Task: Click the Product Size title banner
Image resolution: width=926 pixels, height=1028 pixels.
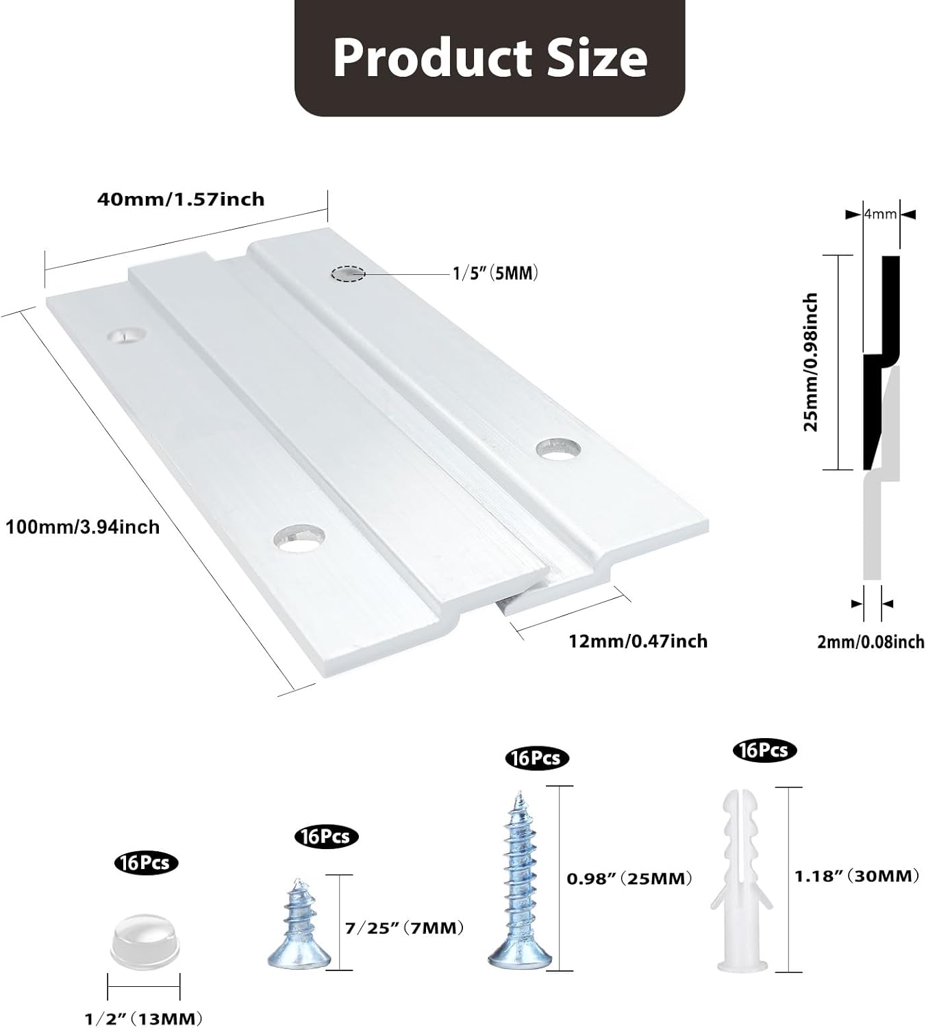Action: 490,58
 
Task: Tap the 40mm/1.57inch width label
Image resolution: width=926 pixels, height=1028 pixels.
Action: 181,199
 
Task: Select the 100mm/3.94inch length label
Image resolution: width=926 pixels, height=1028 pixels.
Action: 83,527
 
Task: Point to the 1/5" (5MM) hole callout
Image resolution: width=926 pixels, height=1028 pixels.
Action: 495,273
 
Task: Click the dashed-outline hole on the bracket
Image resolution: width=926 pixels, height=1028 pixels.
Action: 348,273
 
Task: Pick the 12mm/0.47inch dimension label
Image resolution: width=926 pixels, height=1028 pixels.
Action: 638,641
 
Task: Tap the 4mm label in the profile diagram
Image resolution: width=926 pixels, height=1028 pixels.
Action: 880,214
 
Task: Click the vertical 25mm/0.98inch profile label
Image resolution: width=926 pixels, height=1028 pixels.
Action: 811,362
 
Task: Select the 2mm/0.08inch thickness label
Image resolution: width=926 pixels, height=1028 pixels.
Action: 871,642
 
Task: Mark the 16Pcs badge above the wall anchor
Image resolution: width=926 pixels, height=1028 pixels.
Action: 764,750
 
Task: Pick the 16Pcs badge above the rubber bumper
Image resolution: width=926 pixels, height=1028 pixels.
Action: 145,862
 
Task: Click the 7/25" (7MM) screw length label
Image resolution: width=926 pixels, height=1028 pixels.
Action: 405,928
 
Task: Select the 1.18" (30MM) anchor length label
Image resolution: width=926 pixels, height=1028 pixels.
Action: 856,875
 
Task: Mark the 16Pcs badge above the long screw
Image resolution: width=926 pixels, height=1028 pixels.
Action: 536,758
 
